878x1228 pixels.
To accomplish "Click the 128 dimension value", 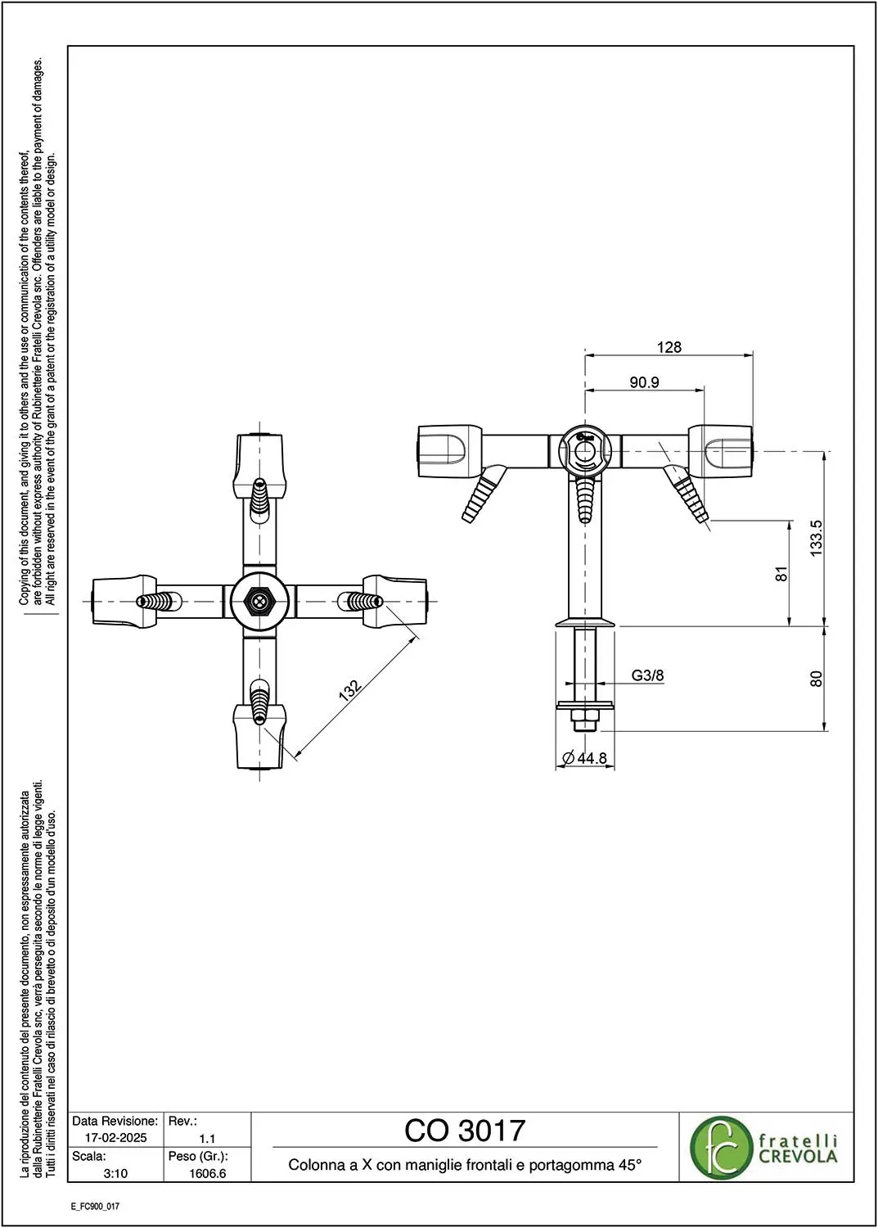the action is [x=669, y=347].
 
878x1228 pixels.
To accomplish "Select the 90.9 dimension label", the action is [x=644, y=382].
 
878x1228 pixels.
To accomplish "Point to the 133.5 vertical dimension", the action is [x=817, y=539].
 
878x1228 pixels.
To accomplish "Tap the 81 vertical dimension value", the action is [x=781, y=573].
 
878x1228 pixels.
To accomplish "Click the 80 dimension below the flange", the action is [x=817, y=679].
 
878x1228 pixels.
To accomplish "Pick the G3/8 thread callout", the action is [x=647, y=675].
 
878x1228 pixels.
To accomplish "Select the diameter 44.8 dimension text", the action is [x=585, y=758].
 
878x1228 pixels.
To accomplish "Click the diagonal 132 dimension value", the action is [x=350, y=690].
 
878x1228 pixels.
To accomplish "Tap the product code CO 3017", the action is [x=465, y=1131].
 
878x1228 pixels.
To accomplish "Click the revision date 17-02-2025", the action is [x=115, y=1138].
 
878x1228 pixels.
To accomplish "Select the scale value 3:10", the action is [x=115, y=1173].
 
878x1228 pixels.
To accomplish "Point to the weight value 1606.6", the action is [x=207, y=1173].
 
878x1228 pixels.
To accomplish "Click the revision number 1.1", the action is [x=207, y=1138].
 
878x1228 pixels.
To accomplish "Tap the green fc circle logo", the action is [x=720, y=1148].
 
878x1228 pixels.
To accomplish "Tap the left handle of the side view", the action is [x=449, y=451].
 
